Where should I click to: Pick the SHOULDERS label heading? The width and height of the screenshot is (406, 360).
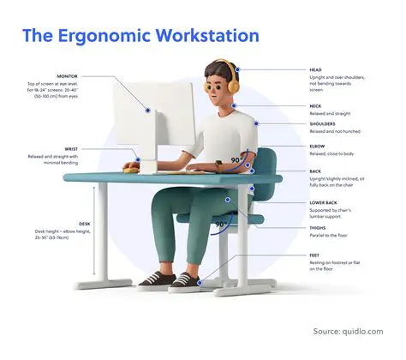(323, 124)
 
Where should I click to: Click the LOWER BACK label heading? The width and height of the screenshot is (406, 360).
(324, 204)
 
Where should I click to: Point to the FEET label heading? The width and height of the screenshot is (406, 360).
(315, 255)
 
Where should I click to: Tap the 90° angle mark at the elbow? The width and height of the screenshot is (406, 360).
(235, 160)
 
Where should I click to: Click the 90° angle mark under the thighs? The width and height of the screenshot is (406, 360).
(221, 225)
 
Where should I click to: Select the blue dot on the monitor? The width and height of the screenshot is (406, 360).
(148, 110)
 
